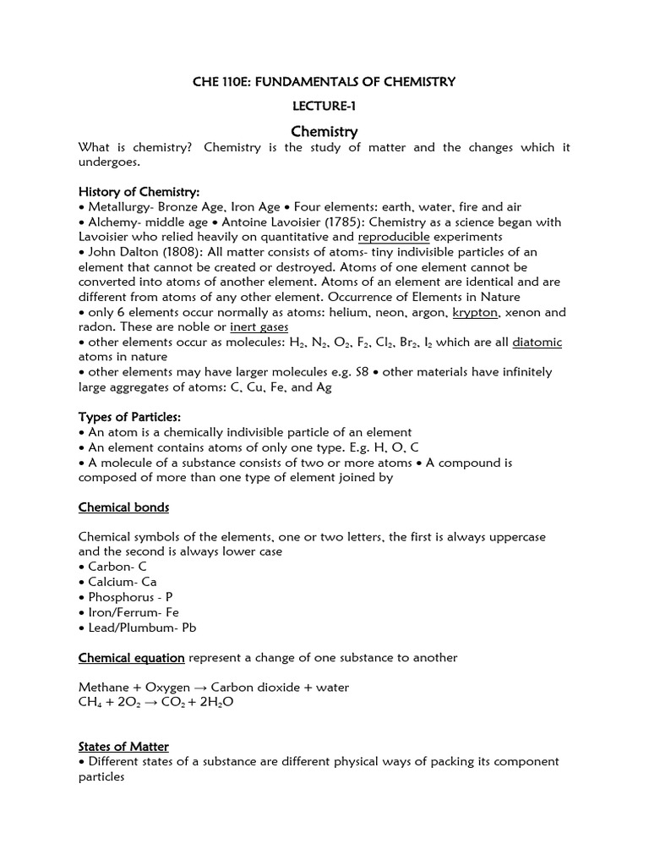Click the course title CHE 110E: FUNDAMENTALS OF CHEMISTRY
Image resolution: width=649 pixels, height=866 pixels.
click(x=324, y=82)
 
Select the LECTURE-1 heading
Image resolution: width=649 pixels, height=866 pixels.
click(x=324, y=107)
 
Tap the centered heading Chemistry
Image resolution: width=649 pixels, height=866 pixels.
click(x=324, y=132)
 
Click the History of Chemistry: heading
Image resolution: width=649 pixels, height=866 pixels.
click(x=139, y=192)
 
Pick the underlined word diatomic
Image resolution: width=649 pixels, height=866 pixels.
click(x=537, y=343)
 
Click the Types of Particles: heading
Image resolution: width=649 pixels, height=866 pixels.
click(x=129, y=417)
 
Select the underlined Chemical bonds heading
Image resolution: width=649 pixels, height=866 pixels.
click(x=123, y=507)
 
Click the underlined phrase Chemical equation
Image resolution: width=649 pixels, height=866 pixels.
click(x=131, y=658)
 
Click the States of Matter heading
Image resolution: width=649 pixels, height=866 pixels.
click(x=123, y=747)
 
